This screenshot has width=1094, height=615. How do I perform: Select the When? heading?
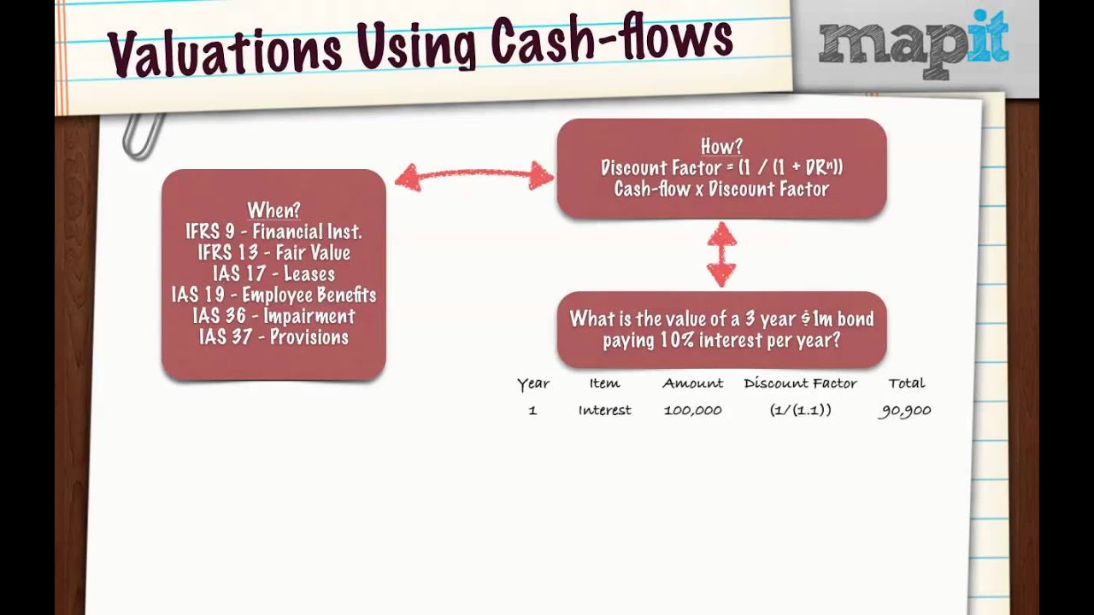273,210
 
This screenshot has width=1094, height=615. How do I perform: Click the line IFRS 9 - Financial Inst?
273,231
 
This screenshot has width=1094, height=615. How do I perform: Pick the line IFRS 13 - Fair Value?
273,253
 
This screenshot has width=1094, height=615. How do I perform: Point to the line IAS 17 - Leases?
273,274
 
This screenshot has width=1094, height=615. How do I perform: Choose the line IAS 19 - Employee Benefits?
273,296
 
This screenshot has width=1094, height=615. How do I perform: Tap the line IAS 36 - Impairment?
273,316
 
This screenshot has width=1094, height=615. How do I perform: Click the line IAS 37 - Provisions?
273,337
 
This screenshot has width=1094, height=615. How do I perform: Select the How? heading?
721,147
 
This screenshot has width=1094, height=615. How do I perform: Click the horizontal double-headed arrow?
473,177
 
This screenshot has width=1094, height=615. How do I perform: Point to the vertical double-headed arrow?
721,254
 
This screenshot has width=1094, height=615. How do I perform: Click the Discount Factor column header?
800,384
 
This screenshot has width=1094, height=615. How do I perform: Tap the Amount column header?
692,384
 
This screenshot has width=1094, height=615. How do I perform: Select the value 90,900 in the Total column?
905,411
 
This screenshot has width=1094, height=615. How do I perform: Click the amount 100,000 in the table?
692,411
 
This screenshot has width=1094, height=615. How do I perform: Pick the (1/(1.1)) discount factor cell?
800,411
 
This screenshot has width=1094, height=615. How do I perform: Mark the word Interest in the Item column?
604,411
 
